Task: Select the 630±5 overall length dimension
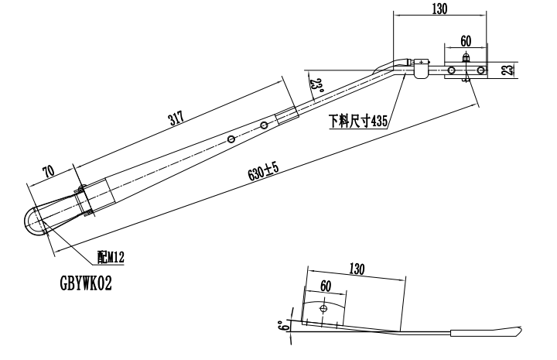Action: (263, 173)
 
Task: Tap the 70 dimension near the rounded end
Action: (48, 170)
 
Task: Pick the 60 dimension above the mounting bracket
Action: (465, 39)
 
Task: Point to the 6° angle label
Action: (289, 326)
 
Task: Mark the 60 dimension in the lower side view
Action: (326, 286)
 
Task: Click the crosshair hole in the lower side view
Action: (323, 310)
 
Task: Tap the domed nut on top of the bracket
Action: (465, 58)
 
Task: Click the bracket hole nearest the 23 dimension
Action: (481, 70)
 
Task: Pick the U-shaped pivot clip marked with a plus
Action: (421, 67)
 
